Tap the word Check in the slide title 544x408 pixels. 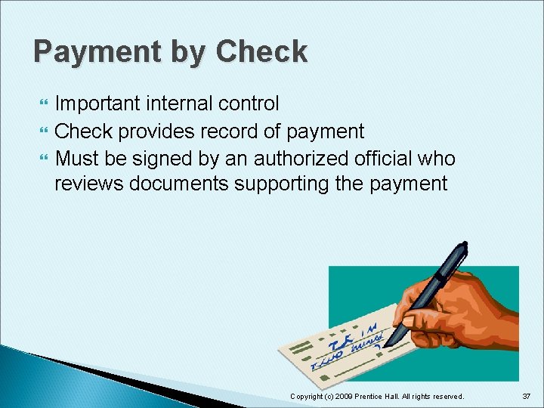(261, 52)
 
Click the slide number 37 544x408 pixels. (527, 396)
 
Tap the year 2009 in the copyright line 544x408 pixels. (343, 396)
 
